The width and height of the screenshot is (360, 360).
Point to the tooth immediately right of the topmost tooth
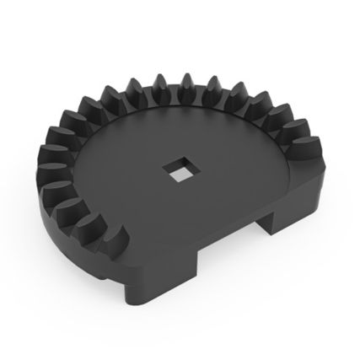pyautogui.click(x=212, y=87)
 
